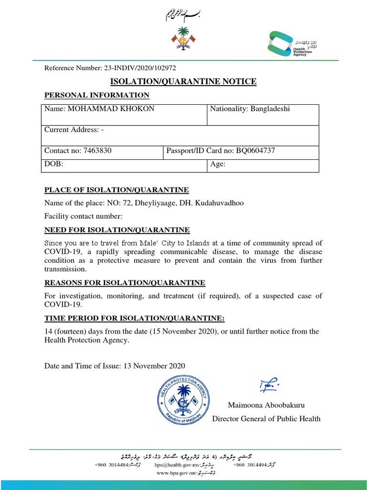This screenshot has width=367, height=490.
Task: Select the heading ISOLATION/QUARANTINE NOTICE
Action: pos(183,82)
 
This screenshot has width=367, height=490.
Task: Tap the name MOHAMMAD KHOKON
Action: pos(111,109)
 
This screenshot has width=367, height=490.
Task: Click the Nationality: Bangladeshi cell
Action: pos(250,109)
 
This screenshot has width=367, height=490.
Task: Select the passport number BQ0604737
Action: pos(256,151)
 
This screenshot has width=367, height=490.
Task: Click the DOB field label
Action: pos(54,164)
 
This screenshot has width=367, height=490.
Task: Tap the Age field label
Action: pos(218,164)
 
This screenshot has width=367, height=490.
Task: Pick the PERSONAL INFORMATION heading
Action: pos(97,95)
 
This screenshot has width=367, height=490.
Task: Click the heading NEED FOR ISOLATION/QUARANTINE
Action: pos(117,230)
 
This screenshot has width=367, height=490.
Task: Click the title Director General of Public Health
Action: pos(266,419)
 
